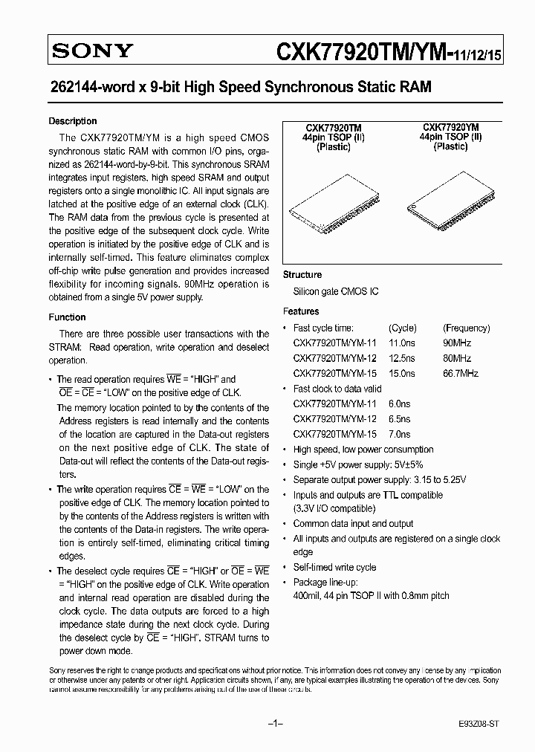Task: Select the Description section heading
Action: (73, 121)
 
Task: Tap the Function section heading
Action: (68, 317)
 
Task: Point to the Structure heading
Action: (302, 275)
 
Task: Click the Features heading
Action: (301, 311)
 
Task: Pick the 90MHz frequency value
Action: (457, 343)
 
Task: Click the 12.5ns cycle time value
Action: (402, 358)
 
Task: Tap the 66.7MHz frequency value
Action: (461, 373)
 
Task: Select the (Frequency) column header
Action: (466, 328)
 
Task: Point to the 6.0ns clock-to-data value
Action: (399, 403)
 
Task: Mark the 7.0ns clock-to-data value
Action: (399, 434)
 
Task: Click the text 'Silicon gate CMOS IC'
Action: (336, 291)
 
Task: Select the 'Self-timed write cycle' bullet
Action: (334, 567)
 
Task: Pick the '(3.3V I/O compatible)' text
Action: (334, 508)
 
